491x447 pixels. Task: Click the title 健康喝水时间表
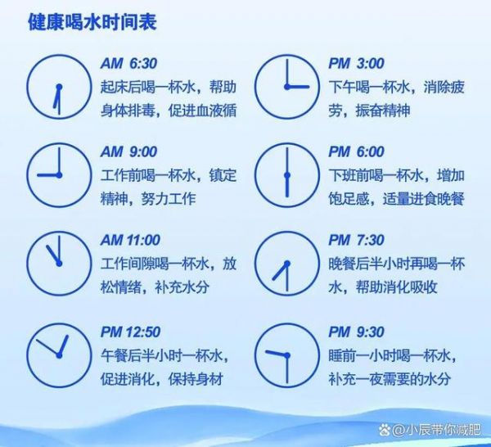tap(92, 22)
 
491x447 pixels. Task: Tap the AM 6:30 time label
tap(128, 64)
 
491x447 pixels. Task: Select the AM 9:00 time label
tap(128, 152)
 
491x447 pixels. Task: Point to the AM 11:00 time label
tap(130, 240)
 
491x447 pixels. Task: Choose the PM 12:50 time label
tap(130, 332)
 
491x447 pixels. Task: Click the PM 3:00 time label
tap(356, 64)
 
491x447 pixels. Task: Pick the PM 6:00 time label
tap(356, 152)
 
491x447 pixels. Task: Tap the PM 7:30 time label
tap(356, 240)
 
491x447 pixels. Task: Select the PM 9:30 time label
tap(356, 332)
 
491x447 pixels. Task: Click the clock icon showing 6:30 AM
tap(59, 54)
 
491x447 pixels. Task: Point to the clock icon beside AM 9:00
tap(59, 142)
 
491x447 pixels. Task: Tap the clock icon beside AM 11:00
tap(59, 231)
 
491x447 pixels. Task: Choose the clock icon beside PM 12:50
tap(59, 323)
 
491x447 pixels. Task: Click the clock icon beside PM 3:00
tap(287, 54)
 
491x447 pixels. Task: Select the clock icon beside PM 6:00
tap(287, 142)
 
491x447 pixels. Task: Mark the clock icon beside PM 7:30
tap(287, 231)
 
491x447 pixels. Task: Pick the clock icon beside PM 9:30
tap(287, 323)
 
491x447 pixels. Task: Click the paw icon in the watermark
tap(385, 430)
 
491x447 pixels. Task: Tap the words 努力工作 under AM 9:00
tap(169, 199)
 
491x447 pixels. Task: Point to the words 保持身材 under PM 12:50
tap(196, 379)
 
